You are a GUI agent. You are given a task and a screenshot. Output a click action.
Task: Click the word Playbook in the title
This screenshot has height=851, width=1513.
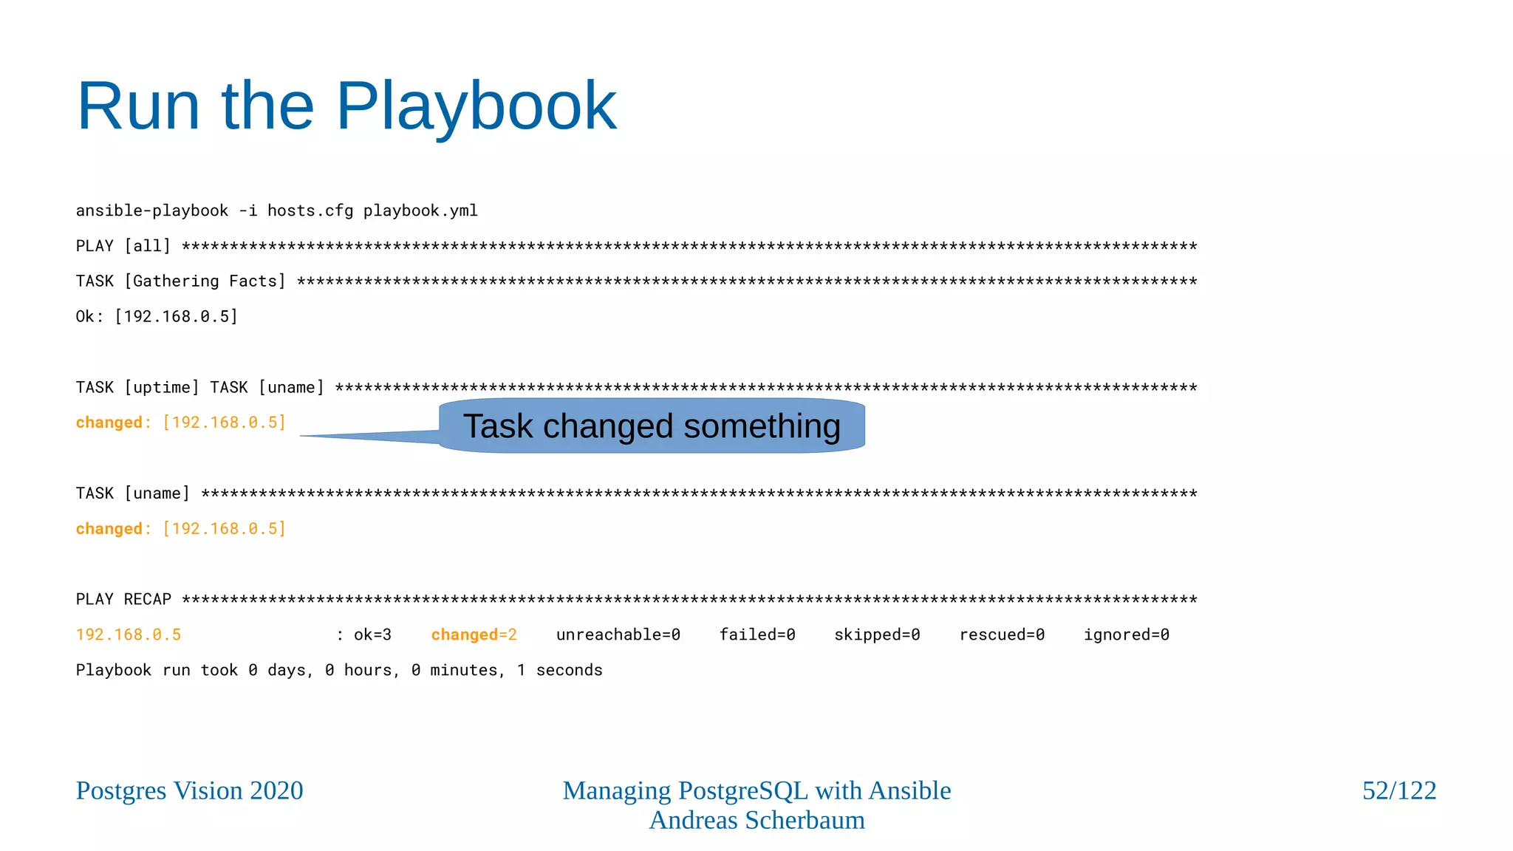[x=476, y=107]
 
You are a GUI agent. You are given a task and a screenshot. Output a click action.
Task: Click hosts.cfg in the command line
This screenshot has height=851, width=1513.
[x=310, y=211]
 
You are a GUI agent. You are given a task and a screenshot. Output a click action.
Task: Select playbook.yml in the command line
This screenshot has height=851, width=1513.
[x=420, y=211]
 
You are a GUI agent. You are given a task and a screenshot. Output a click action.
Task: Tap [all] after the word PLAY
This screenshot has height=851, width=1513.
[x=147, y=246]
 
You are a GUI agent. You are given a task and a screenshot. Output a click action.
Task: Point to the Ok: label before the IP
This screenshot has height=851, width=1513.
[x=89, y=317]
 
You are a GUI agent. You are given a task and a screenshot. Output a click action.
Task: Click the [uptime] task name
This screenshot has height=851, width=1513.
[x=162, y=388]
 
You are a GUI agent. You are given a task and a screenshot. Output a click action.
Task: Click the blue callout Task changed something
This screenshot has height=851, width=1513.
[x=652, y=426]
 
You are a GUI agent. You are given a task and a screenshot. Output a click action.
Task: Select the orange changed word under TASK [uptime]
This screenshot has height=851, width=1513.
[x=109, y=423]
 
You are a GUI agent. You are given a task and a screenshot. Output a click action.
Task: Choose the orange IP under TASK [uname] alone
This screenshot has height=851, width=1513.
[x=224, y=529]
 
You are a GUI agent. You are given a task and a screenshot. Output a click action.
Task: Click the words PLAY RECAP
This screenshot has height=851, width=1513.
[x=123, y=599]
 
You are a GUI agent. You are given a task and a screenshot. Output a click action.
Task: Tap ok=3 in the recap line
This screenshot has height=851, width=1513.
[x=372, y=635]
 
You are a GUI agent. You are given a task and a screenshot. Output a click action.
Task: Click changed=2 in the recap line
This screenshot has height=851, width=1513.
[x=474, y=635]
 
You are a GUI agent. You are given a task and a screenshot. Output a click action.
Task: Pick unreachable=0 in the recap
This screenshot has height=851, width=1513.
[x=618, y=635]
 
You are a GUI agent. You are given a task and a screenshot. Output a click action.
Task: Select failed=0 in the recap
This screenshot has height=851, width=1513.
[x=757, y=635]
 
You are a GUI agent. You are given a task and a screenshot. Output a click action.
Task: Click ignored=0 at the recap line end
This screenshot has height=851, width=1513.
[x=1126, y=635]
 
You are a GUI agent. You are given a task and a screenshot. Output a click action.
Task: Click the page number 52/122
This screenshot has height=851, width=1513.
[x=1398, y=790]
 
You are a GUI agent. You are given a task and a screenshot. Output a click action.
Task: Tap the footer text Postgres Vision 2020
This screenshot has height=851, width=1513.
[x=189, y=790]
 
